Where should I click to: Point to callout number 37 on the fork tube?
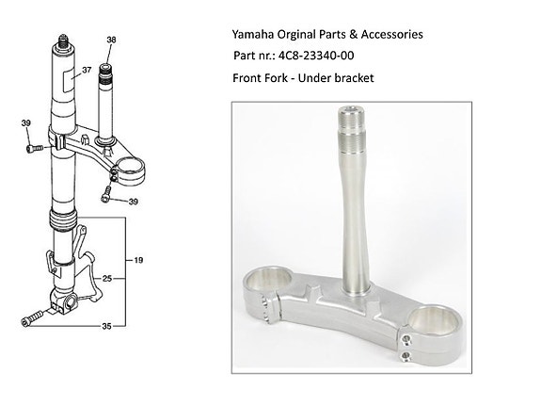point(86,70)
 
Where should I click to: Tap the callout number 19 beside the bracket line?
point(138,259)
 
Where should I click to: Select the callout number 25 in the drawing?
point(108,279)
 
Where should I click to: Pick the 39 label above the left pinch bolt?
point(26,123)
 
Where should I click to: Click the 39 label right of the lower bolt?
point(134,201)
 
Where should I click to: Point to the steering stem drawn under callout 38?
point(108,104)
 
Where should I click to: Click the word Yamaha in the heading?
point(254,35)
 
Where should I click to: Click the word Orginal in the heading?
point(304,35)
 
